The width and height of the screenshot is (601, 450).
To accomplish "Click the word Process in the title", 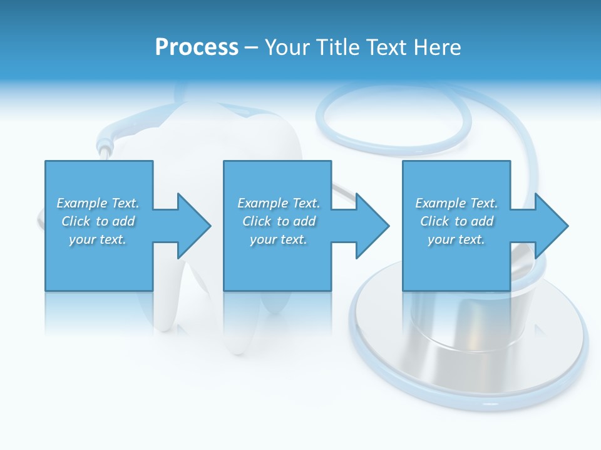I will click(x=197, y=47).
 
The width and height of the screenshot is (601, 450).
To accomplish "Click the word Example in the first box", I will click(x=82, y=203).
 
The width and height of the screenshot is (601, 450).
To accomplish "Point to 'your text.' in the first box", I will click(x=98, y=239).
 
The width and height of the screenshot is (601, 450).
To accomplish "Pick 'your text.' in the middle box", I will click(x=279, y=239).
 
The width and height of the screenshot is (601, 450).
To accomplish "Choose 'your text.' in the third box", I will click(x=456, y=239).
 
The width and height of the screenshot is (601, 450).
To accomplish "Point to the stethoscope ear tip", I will click(x=103, y=150).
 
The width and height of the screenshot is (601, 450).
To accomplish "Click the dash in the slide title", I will click(x=252, y=47).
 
